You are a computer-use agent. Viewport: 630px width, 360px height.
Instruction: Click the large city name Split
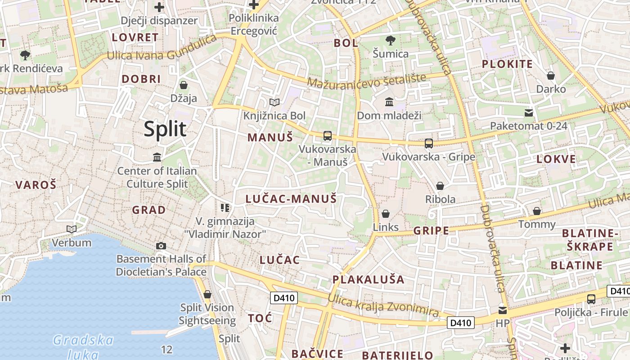pyautogui.click(x=165, y=129)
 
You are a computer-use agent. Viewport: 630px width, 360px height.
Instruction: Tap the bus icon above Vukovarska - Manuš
pyautogui.click(x=328, y=136)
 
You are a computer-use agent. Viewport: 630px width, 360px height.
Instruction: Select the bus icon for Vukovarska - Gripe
pyautogui.click(x=429, y=144)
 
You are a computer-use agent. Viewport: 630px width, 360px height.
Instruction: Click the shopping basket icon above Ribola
pyautogui.click(x=440, y=186)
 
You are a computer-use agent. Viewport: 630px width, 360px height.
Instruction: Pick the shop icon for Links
pyautogui.click(x=386, y=214)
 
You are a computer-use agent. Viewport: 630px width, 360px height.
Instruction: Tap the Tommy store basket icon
pyautogui.click(x=537, y=211)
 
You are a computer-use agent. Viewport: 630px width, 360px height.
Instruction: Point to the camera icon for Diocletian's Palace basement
pyautogui.click(x=161, y=246)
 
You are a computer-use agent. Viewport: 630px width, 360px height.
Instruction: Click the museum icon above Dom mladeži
pyautogui.click(x=389, y=102)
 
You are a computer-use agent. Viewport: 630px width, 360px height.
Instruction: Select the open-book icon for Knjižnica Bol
pyautogui.click(x=274, y=102)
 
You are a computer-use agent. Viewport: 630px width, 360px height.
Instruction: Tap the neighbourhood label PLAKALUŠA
pyautogui.click(x=369, y=279)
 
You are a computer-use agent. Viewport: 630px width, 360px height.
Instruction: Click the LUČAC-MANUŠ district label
pyautogui.click(x=291, y=198)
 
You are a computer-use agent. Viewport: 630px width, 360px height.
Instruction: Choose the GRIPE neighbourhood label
pyautogui.click(x=431, y=231)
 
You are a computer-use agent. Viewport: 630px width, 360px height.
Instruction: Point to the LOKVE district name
pyautogui.click(x=556, y=159)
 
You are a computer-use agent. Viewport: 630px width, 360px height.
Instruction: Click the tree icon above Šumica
pyautogui.click(x=391, y=40)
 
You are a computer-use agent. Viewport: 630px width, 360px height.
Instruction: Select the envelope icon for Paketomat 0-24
pyautogui.click(x=529, y=112)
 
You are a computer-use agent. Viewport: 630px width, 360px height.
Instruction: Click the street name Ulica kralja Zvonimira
pyautogui.click(x=383, y=306)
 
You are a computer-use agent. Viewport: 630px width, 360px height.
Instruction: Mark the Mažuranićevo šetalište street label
pyautogui.click(x=367, y=81)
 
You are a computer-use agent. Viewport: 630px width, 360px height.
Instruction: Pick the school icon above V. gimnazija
pyautogui.click(x=225, y=207)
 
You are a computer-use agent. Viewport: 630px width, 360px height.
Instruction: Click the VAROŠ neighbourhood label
pyautogui.click(x=36, y=184)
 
